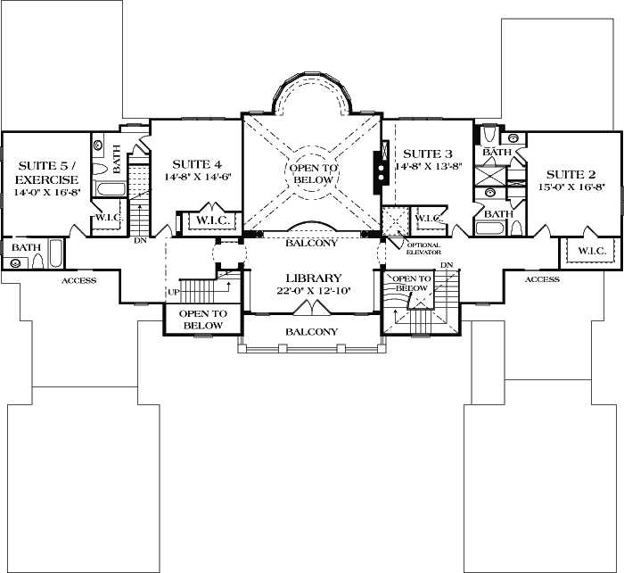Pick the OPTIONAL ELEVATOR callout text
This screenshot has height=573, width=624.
(423, 248)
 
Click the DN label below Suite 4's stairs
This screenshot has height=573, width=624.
(140, 240)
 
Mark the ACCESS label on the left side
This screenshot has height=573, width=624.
(78, 281)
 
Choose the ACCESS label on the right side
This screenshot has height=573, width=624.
(542, 278)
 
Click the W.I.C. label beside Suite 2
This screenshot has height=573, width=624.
(591, 251)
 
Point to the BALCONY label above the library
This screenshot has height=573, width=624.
(311, 242)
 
